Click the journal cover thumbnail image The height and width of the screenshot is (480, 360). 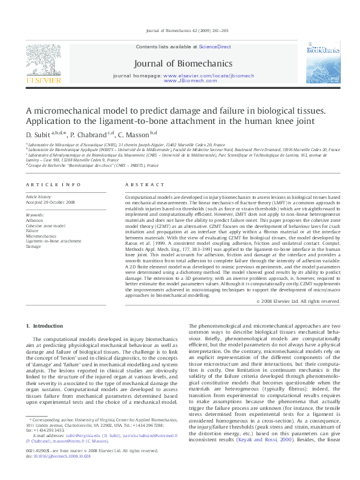(318, 62)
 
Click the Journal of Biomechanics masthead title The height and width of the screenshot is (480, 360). (183, 63)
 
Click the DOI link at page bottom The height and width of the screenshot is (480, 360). (62, 474)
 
